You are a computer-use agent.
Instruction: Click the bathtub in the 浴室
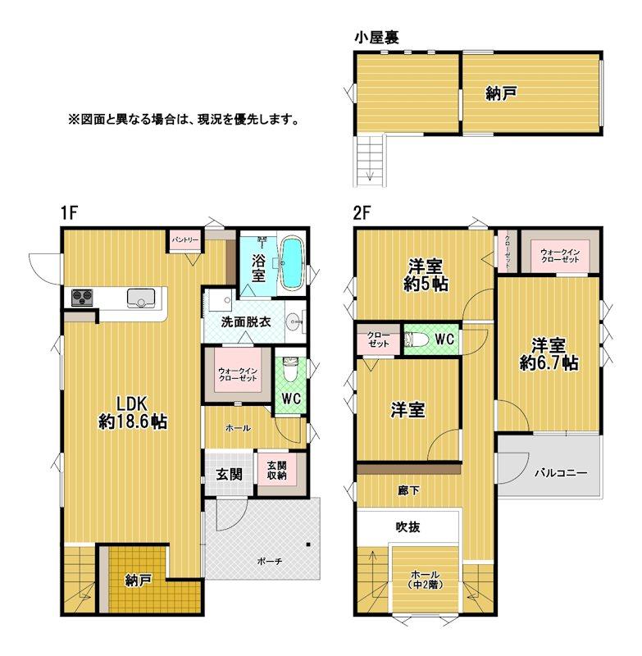(x=291, y=262)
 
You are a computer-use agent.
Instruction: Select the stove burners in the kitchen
(x=82, y=298)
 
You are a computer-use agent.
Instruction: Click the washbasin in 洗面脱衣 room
(x=294, y=322)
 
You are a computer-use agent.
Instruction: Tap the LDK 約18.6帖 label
(x=133, y=412)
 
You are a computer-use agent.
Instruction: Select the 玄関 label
(x=230, y=474)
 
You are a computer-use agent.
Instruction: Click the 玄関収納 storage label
(x=277, y=470)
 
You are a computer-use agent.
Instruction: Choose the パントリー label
(x=185, y=240)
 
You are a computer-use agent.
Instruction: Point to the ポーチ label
(x=270, y=561)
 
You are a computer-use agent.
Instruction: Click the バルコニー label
(x=561, y=473)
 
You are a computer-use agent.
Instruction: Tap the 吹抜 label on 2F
(x=408, y=526)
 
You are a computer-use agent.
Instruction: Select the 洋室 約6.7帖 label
(x=549, y=354)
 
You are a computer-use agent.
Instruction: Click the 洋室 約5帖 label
(x=426, y=275)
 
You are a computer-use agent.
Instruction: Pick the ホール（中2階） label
(x=425, y=579)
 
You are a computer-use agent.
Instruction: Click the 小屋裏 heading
(x=377, y=37)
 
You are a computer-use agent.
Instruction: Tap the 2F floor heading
(x=362, y=213)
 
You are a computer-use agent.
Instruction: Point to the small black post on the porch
(x=308, y=544)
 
